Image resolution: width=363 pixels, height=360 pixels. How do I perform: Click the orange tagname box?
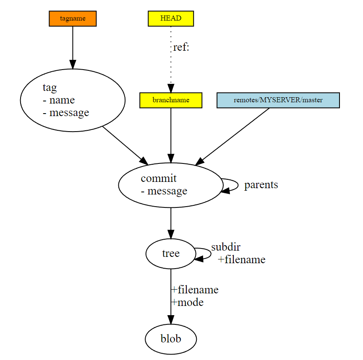point(73,18)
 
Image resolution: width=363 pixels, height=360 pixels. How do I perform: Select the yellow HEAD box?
point(171,18)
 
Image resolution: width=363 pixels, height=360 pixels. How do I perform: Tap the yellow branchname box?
point(171,100)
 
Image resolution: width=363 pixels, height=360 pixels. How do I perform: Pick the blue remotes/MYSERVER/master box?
point(278,100)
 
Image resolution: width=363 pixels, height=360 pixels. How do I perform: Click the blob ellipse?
point(171,339)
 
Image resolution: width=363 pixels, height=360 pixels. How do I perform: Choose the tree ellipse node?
point(170,254)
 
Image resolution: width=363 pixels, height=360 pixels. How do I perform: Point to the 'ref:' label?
point(181,47)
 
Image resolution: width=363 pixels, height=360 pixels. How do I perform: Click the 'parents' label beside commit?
point(261,185)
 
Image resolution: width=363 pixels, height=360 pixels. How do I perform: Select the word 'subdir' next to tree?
point(226,247)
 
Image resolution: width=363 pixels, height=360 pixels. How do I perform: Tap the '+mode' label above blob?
point(187,302)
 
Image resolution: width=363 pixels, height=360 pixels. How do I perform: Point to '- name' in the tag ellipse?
point(59,100)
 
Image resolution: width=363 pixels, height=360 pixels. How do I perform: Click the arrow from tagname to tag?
point(73,46)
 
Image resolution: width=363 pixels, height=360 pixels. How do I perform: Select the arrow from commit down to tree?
point(171,222)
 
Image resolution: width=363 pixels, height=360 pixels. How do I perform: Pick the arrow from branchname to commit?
point(171,134)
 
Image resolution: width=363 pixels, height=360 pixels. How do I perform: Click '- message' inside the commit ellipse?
point(164,191)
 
